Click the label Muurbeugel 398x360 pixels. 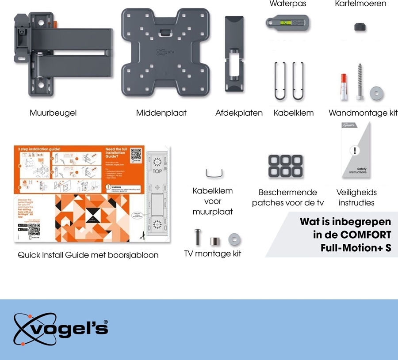click(x=53, y=113)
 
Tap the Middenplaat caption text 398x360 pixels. click(x=161, y=113)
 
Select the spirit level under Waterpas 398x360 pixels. click(x=286, y=23)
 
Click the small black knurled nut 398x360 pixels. click(x=360, y=27)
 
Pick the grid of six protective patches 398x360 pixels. click(x=285, y=165)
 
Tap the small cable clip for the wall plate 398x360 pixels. click(x=213, y=173)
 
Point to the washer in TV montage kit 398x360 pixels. click(x=234, y=239)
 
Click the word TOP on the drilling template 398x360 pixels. click(x=157, y=171)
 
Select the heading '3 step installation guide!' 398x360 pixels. click(x=39, y=150)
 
